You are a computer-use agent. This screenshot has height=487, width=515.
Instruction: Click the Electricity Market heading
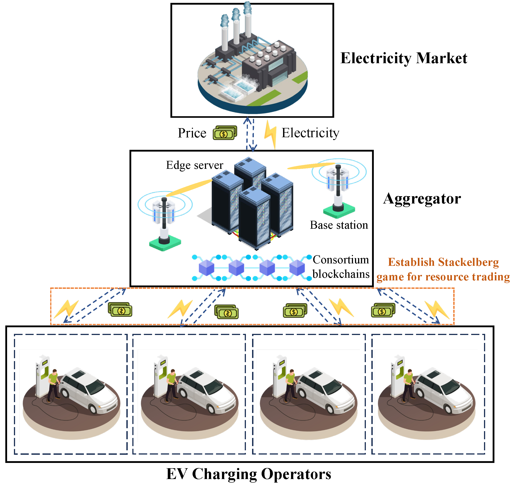coord(404,58)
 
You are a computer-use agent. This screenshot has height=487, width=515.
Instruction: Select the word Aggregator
coord(422,199)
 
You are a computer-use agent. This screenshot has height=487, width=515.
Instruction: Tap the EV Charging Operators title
coord(249,474)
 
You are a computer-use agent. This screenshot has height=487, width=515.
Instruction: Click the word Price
coord(192,133)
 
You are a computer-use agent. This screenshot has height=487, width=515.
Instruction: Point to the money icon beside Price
coord(225,133)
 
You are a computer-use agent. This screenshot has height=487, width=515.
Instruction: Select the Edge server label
coord(195,165)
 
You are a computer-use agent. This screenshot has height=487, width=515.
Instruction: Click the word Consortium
coord(341,260)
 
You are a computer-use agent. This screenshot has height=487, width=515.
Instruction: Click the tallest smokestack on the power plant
coord(248,23)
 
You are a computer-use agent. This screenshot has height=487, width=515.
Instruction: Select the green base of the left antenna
coord(165,244)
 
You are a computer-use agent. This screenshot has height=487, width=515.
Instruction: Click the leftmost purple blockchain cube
coord(206,268)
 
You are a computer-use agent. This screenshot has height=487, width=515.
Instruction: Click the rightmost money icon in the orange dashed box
coord(383,310)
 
